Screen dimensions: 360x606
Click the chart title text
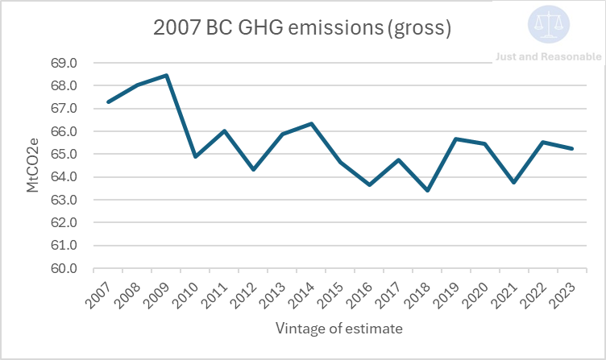point(301,27)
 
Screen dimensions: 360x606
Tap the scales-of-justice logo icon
point(549,24)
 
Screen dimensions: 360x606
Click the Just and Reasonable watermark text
point(549,56)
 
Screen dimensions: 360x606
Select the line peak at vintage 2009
point(166,76)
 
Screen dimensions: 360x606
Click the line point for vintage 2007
point(108,101)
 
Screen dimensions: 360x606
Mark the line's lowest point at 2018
point(427,190)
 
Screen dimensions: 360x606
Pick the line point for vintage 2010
point(195,156)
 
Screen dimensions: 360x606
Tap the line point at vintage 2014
point(311,123)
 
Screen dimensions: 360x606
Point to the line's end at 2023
point(572,148)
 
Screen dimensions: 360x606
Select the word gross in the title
point(418,27)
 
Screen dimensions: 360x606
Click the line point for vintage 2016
point(369,184)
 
